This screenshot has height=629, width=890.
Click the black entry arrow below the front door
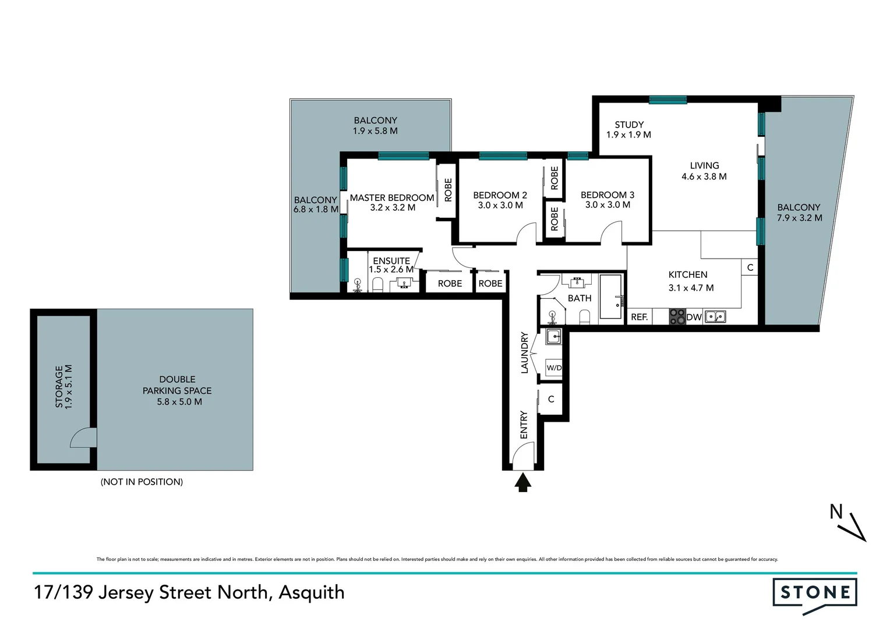pyautogui.click(x=522, y=482)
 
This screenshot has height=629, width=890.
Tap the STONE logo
pyautogui.click(x=815, y=593)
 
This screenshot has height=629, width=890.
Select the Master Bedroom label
pyautogui.click(x=392, y=198)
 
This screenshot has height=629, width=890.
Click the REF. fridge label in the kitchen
pyautogui.click(x=640, y=317)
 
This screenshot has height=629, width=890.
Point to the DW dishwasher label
pyautogui.click(x=694, y=317)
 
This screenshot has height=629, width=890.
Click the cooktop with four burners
pyautogui.click(x=677, y=317)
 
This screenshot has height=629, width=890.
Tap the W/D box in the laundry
pyautogui.click(x=553, y=368)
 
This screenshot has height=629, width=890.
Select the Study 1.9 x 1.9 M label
pyautogui.click(x=628, y=129)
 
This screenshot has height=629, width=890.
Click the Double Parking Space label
pyautogui.click(x=177, y=390)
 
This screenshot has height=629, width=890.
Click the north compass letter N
pyautogui.click(x=836, y=512)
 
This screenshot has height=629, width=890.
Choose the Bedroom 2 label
pyautogui.click(x=500, y=195)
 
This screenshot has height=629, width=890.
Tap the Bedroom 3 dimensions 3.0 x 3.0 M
pyautogui.click(x=608, y=205)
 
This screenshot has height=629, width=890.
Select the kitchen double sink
pyautogui.click(x=715, y=317)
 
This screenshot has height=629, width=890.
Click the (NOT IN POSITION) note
pyautogui.click(x=142, y=482)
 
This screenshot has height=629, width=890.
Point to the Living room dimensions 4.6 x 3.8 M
pyautogui.click(x=704, y=176)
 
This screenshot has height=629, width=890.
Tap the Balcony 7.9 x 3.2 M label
pyautogui.click(x=799, y=213)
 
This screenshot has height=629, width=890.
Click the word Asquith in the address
pyautogui.click(x=312, y=592)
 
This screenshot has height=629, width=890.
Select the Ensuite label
pyautogui.click(x=391, y=261)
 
